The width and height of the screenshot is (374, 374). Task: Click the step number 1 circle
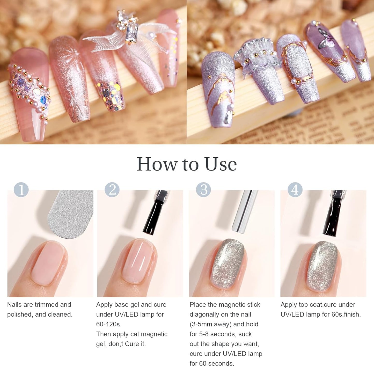[21, 189]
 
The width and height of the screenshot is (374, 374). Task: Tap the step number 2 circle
[112, 189]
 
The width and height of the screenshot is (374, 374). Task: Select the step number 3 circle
[203, 189]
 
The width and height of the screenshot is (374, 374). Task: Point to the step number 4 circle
[295, 189]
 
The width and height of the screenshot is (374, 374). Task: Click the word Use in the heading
[221, 164]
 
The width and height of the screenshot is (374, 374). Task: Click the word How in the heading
[157, 164]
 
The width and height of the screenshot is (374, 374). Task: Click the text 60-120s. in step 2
[109, 324]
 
